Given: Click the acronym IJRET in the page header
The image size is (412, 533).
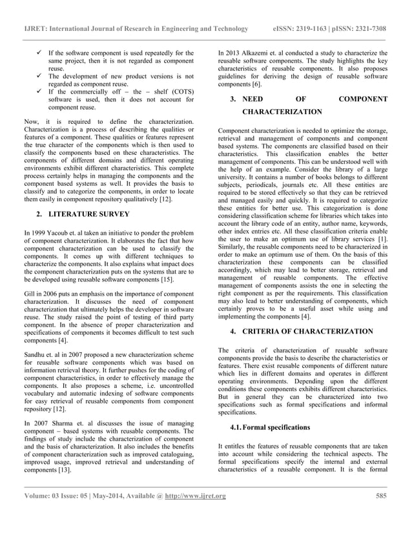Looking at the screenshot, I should point(35,29).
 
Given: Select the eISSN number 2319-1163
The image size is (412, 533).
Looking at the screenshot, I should point(320,29).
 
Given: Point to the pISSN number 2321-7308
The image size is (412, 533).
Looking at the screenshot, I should point(371,29).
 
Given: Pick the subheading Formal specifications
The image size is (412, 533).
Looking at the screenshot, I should point(265,428).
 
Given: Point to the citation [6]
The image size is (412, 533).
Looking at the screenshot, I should point(256,85).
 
